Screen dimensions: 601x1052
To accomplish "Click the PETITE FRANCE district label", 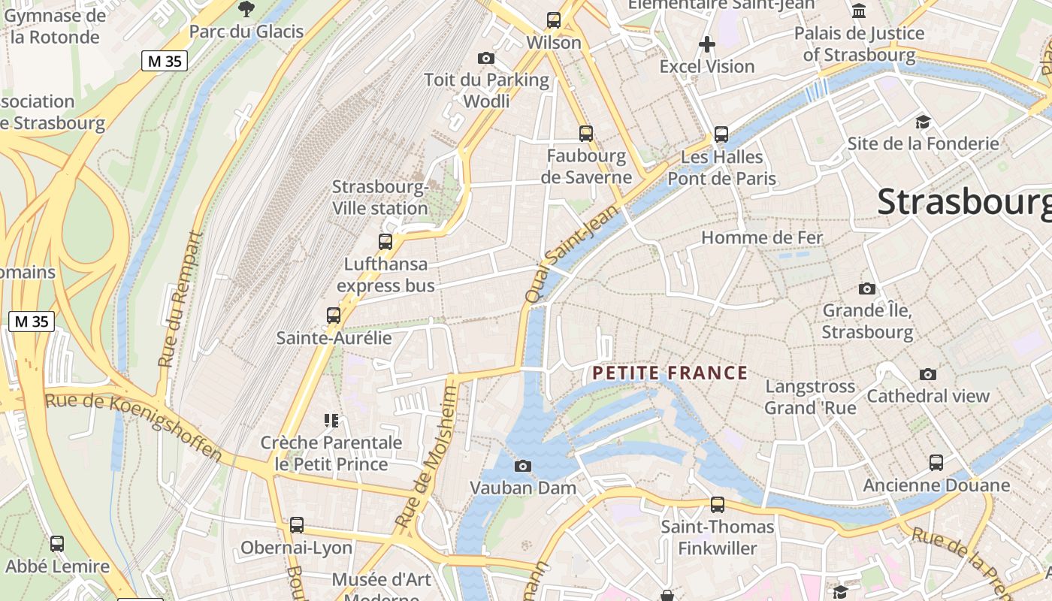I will coord(670,373).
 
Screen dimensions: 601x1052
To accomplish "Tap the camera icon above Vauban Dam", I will coord(523,466).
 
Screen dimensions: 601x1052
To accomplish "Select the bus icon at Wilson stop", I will coord(554,20).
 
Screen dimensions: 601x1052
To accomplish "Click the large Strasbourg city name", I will coord(964,201).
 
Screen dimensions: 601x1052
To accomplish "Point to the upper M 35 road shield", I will coord(164,61).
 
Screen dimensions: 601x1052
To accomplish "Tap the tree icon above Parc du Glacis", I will coord(246,9).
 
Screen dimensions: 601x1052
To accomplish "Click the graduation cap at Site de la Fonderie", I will coord(923,122).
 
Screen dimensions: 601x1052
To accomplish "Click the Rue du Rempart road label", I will coord(180,299).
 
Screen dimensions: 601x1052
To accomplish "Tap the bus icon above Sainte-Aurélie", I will coord(334,316).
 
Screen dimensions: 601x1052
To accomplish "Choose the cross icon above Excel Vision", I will coord(706,44).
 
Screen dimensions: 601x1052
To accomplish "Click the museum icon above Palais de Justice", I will coord(859,11).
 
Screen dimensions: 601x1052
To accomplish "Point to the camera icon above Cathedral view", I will coord(928,374).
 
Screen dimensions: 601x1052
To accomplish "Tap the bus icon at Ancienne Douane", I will coord(936,463).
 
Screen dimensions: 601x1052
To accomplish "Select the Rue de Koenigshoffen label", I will coord(134,426).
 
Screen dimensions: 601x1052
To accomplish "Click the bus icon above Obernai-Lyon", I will coord(297,525).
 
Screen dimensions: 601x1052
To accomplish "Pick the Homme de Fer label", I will coord(762,238).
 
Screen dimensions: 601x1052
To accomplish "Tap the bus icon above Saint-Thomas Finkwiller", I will coord(718,505).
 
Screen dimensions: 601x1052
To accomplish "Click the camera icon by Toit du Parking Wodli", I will coord(486,58).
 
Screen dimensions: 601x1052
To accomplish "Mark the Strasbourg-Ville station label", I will coord(380,197).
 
